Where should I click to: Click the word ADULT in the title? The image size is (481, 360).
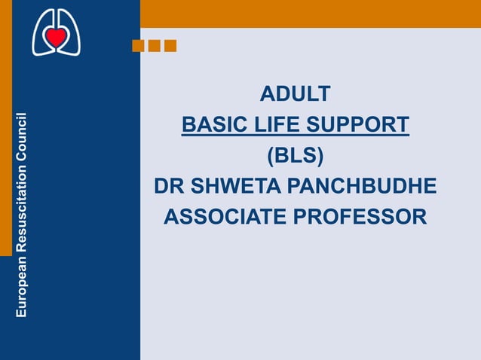pyautogui.click(x=295, y=94)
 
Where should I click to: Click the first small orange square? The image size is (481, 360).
pyautogui.click(x=138, y=46)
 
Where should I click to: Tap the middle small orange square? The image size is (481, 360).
pyautogui.click(x=154, y=46)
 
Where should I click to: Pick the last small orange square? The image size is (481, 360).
pyautogui.click(x=170, y=46)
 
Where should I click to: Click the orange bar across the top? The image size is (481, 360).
pyautogui.click(x=310, y=14)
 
